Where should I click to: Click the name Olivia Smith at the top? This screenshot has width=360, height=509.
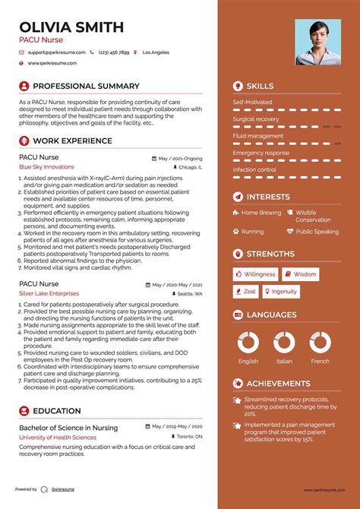pos(71,27)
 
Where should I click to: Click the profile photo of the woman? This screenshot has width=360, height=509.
pos(318,42)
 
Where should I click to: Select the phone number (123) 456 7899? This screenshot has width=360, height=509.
pos(113,52)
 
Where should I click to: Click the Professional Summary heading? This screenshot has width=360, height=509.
pos(86,87)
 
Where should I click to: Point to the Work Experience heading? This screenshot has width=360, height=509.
pos(72,141)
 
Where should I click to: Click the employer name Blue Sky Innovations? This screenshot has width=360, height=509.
pos(47,166)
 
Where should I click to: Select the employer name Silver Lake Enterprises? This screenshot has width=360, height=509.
pos(49,292)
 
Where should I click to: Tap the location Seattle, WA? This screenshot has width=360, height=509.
pos(191,293)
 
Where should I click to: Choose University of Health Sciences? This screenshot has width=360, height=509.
pos(58,438)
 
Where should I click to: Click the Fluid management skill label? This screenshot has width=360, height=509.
pos(258,136)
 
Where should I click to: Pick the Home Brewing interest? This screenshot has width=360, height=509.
pos(261,213)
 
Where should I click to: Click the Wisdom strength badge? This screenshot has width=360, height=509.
pos(302,273)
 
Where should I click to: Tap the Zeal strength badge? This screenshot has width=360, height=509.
pos(246,291)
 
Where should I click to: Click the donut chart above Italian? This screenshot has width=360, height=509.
pos(284,341)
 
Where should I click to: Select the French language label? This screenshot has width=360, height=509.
pos(320,361)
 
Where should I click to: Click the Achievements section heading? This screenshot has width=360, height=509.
pos(277,384)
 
